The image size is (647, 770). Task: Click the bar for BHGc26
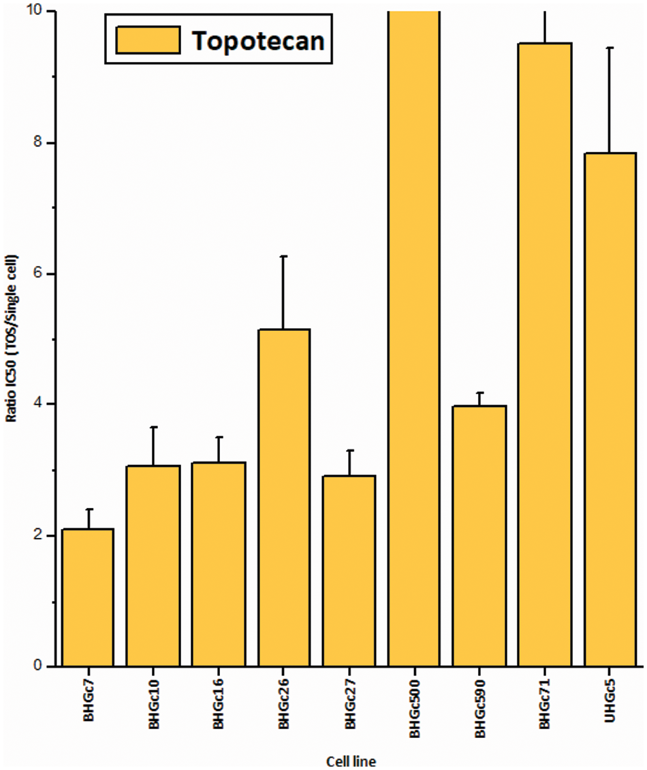tap(283, 497)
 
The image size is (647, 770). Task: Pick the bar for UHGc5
tap(610, 409)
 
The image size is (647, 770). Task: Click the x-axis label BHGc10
tap(154, 708)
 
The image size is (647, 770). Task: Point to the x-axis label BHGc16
tap(219, 708)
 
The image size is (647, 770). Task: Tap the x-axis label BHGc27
tap(350, 708)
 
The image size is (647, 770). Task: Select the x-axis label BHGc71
tap(546, 708)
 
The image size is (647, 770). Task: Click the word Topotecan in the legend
tap(257, 41)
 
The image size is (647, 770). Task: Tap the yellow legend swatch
tap(147, 40)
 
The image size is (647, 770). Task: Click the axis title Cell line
tap(351, 760)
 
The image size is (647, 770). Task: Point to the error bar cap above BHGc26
tap(283, 256)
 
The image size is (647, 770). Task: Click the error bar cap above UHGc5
tap(610, 48)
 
